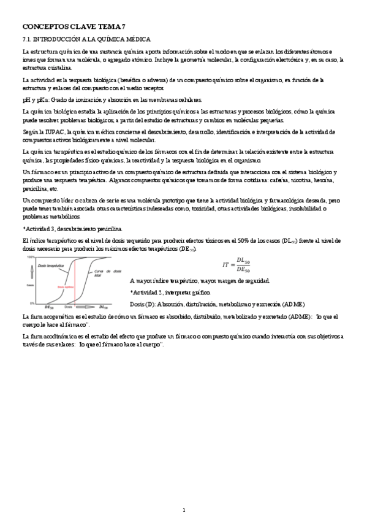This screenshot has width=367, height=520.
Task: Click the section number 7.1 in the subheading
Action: [x=27, y=39]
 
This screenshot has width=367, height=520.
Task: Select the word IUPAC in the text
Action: [x=53, y=132]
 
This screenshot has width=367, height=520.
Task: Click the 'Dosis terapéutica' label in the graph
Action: [x=51, y=266]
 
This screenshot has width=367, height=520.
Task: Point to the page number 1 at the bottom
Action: [x=184, y=493]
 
